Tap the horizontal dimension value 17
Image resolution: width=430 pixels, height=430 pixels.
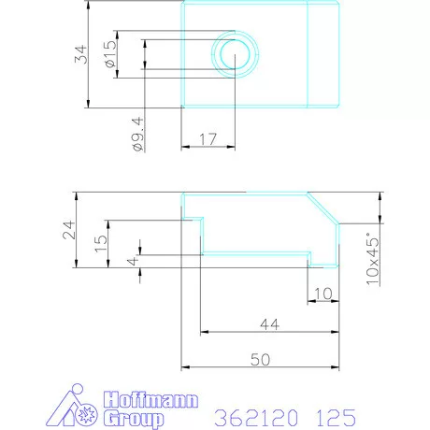208,139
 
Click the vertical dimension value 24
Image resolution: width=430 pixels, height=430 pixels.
69,230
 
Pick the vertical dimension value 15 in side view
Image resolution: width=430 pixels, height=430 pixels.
101,239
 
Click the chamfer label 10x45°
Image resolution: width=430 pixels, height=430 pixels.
374,257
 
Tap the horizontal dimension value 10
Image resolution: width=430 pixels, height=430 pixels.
322,294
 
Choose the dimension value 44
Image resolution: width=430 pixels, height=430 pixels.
269,323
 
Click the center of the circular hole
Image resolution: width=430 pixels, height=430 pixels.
234,54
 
